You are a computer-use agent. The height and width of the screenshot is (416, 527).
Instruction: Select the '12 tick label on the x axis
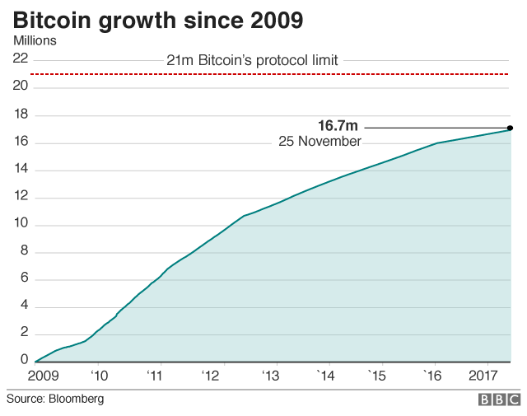click(x=212, y=376)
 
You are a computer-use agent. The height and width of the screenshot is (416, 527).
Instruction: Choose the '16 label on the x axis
click(x=433, y=376)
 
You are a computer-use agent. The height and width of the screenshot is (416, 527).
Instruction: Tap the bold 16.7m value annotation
click(x=338, y=126)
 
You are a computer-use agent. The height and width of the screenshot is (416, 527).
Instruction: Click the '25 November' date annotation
click(x=319, y=142)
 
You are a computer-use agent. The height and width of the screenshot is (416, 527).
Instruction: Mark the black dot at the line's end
click(x=511, y=128)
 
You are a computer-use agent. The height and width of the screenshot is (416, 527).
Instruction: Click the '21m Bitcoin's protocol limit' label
click(x=252, y=59)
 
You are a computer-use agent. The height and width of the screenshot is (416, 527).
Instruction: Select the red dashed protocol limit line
click(x=272, y=75)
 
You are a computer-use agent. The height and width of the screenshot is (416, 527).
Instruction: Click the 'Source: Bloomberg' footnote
click(x=56, y=399)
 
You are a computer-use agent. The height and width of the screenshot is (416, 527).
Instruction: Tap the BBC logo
click(x=499, y=400)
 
